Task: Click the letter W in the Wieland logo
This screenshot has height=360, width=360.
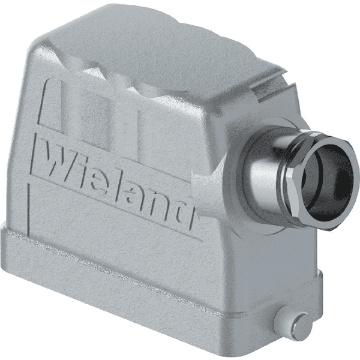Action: click(59, 161)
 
